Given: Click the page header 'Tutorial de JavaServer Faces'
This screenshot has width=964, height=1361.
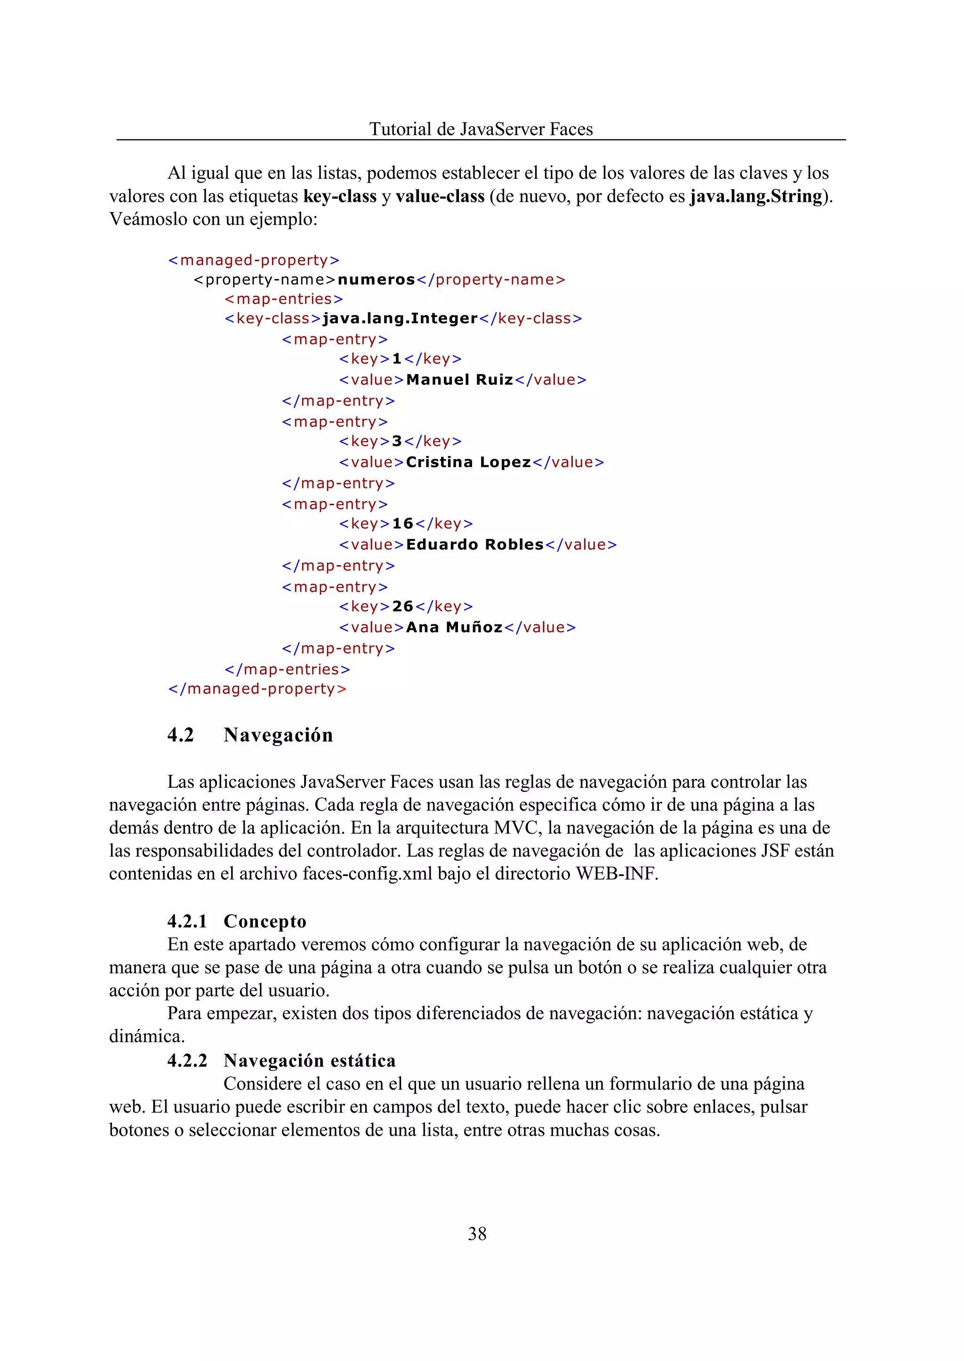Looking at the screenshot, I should [x=481, y=129].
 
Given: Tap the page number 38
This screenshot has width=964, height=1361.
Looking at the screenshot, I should [x=477, y=1234].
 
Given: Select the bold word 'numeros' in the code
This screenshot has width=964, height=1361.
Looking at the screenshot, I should [x=377, y=279].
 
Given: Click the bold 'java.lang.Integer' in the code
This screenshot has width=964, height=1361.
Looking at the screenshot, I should [x=400, y=318].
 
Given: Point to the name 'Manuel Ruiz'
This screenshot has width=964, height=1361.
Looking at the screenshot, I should [x=459, y=380].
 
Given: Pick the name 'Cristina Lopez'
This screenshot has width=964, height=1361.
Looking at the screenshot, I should [x=468, y=462].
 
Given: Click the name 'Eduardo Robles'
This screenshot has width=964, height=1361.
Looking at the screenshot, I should [x=475, y=545].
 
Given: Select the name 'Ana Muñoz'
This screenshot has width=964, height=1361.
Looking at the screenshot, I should [x=454, y=627].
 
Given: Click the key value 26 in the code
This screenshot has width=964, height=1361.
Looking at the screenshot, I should [x=402, y=606].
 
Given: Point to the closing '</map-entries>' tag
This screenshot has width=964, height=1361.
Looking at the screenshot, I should [x=287, y=669].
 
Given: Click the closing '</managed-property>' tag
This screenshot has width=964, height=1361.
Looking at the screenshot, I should [x=257, y=689].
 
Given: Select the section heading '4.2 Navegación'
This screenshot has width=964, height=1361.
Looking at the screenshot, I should [x=250, y=735].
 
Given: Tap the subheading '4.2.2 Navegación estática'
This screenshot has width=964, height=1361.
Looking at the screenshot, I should [x=281, y=1060].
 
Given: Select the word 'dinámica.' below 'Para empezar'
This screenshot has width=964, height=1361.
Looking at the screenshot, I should [x=146, y=1036].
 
